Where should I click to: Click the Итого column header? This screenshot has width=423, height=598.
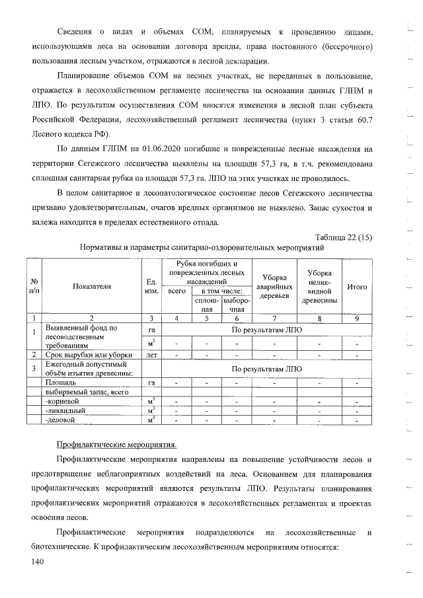pos(357,287)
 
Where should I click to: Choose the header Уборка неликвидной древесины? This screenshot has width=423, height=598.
pos(319,287)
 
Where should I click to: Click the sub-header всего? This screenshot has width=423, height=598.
pos(176,291)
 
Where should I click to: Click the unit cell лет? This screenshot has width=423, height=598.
pos(153,355)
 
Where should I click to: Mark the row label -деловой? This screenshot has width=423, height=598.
pos(60,419)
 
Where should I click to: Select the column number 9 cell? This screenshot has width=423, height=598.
pos(357,318)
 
